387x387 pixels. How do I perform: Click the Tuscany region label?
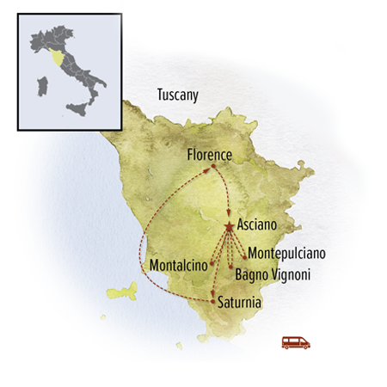177,95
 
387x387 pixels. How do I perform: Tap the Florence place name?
209,155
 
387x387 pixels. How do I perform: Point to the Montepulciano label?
286,255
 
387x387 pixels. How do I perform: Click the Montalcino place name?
178,265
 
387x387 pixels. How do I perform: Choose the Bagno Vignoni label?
273,275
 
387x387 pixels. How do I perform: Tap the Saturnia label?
240,303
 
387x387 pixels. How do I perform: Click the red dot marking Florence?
212,167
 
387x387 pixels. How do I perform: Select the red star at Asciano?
229,227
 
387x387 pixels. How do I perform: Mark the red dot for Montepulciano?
244,256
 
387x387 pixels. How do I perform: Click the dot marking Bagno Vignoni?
230,268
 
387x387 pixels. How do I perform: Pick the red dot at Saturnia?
212,301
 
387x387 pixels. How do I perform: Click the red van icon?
296,342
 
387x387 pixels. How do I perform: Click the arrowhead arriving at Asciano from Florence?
228,217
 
